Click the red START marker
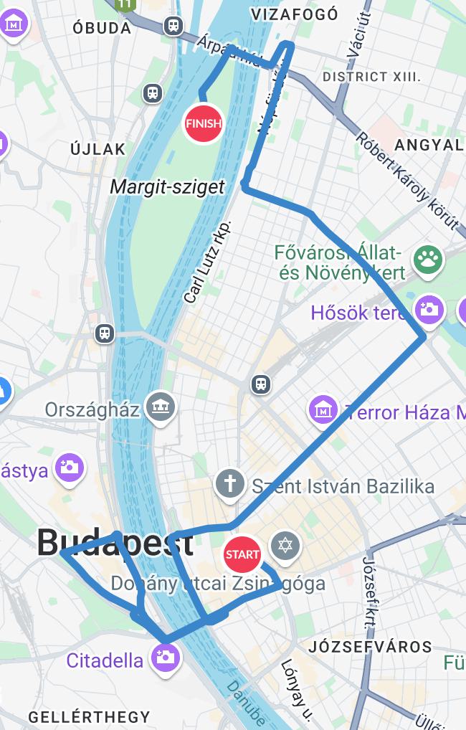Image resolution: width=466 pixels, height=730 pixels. [x=242, y=554]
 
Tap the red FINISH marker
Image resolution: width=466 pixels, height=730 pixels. [x=203, y=123]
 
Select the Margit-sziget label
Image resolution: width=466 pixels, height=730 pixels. [x=167, y=187]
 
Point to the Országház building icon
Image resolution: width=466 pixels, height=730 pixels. [x=160, y=408]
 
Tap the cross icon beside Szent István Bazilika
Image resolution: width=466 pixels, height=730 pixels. [x=230, y=483]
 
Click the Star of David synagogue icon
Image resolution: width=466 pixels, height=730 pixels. [x=285, y=546]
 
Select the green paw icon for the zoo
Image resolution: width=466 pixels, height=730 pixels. [x=429, y=260]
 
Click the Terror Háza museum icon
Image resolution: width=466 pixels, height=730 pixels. [x=323, y=410]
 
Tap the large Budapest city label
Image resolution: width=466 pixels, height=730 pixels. [x=115, y=542]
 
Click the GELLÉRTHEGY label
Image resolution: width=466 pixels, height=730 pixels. [x=89, y=716]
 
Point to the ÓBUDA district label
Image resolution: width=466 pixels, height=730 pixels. [x=102, y=29]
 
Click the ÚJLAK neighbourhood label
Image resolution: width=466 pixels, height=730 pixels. [x=98, y=149]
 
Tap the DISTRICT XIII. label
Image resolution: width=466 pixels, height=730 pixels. [x=371, y=77]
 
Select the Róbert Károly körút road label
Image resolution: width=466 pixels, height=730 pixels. [x=406, y=180]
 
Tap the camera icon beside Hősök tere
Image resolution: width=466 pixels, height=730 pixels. [x=429, y=309]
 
